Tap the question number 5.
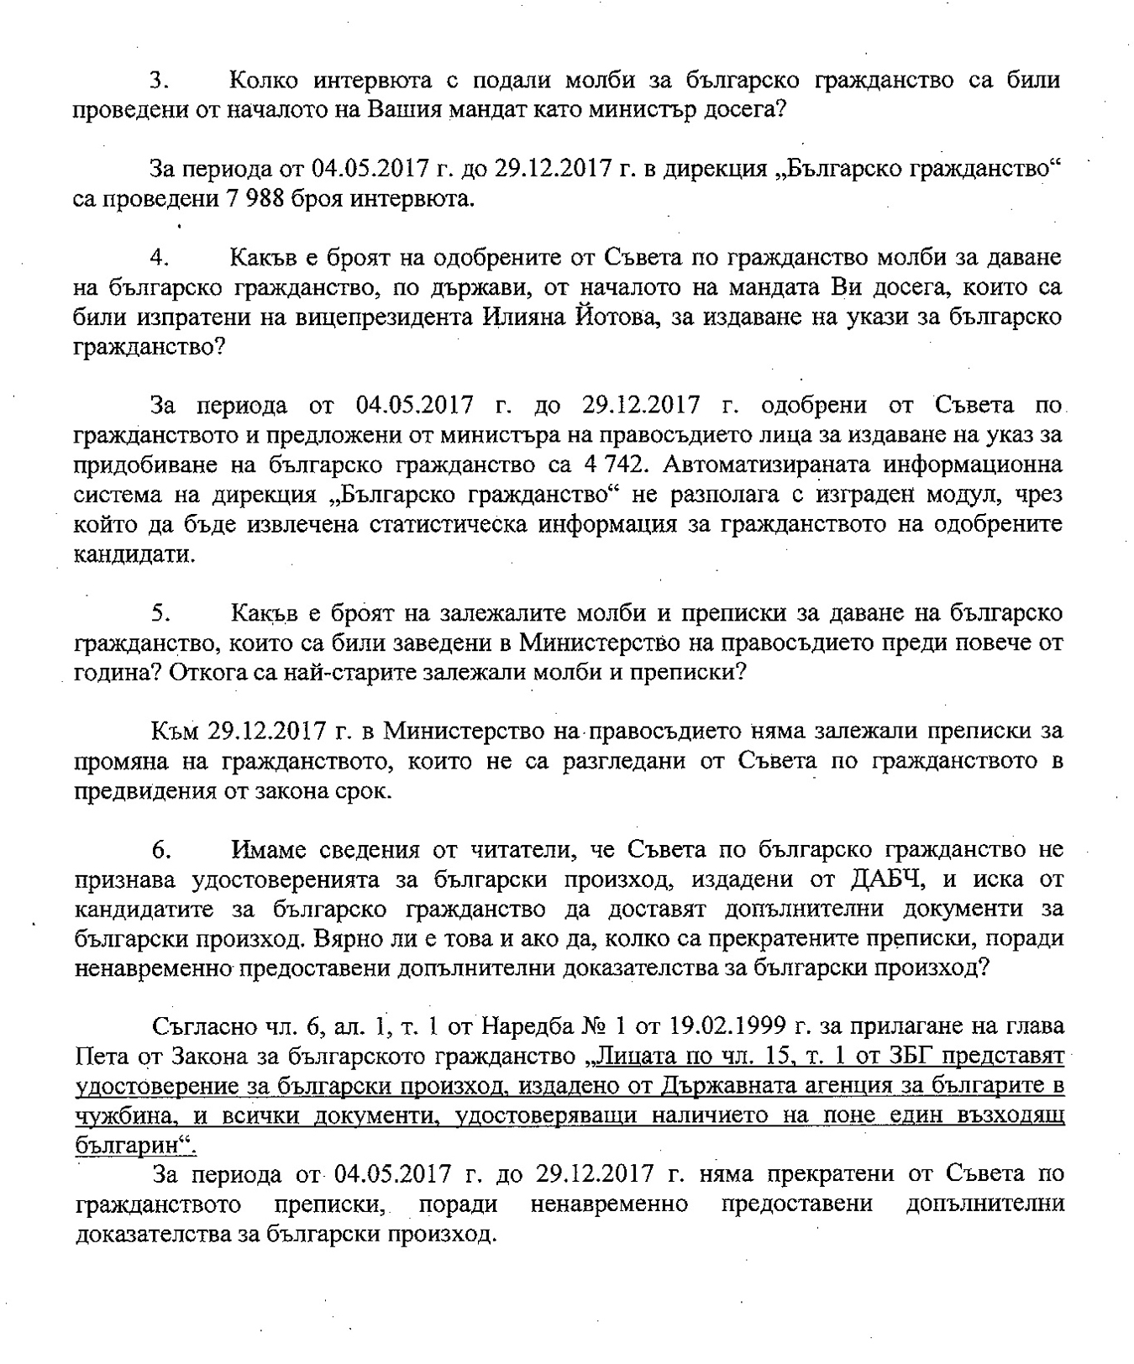[161, 613]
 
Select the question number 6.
[162, 850]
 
